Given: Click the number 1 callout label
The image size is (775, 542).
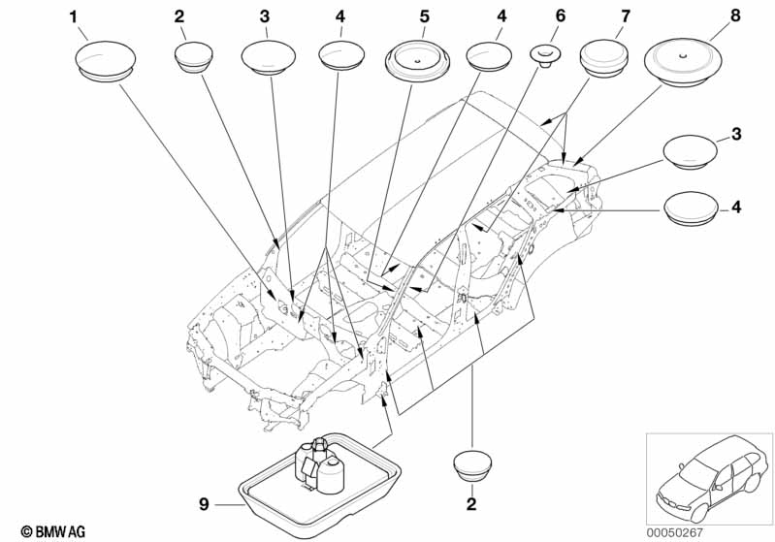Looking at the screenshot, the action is (x=73, y=17).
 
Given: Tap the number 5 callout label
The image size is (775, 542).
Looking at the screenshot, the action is (x=425, y=16).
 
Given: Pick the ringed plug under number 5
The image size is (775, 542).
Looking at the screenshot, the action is (x=418, y=63).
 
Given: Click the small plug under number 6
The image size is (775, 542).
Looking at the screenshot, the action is (x=545, y=55).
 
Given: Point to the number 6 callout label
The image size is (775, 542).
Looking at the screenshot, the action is (x=561, y=16).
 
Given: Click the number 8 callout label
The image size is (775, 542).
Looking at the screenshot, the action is (x=735, y=16).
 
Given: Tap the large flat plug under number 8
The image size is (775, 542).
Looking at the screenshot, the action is (x=683, y=63).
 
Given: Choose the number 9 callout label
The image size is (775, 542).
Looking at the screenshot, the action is (x=204, y=504).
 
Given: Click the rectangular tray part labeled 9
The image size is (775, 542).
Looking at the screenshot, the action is (x=319, y=477).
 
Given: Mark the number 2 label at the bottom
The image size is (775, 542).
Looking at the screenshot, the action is (x=471, y=504).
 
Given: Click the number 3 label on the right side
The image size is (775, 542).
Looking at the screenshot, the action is (x=736, y=134).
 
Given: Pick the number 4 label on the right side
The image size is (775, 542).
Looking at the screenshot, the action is (x=736, y=207).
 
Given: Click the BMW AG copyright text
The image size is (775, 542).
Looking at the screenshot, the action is (x=53, y=531).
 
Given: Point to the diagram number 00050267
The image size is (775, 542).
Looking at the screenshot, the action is (x=675, y=532).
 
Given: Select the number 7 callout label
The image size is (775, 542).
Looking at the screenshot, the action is (x=626, y=16).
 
